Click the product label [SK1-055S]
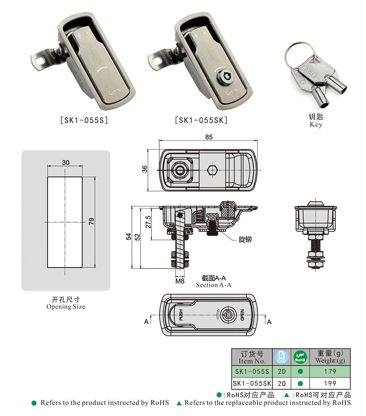coord(84,121)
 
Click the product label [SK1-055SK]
coord(201,121)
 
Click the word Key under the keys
coord(316,124)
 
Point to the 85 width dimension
coord(209,137)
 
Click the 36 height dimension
coord(145,169)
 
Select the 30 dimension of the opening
coord(65,162)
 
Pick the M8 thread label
coord(179,281)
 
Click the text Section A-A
coord(214,285)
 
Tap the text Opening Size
coord(65,307)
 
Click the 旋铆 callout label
coord(245,239)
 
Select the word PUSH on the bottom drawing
coord(181,315)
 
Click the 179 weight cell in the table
coord(329,371)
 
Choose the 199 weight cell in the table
coord(329,384)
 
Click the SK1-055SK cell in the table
coord(252,384)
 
